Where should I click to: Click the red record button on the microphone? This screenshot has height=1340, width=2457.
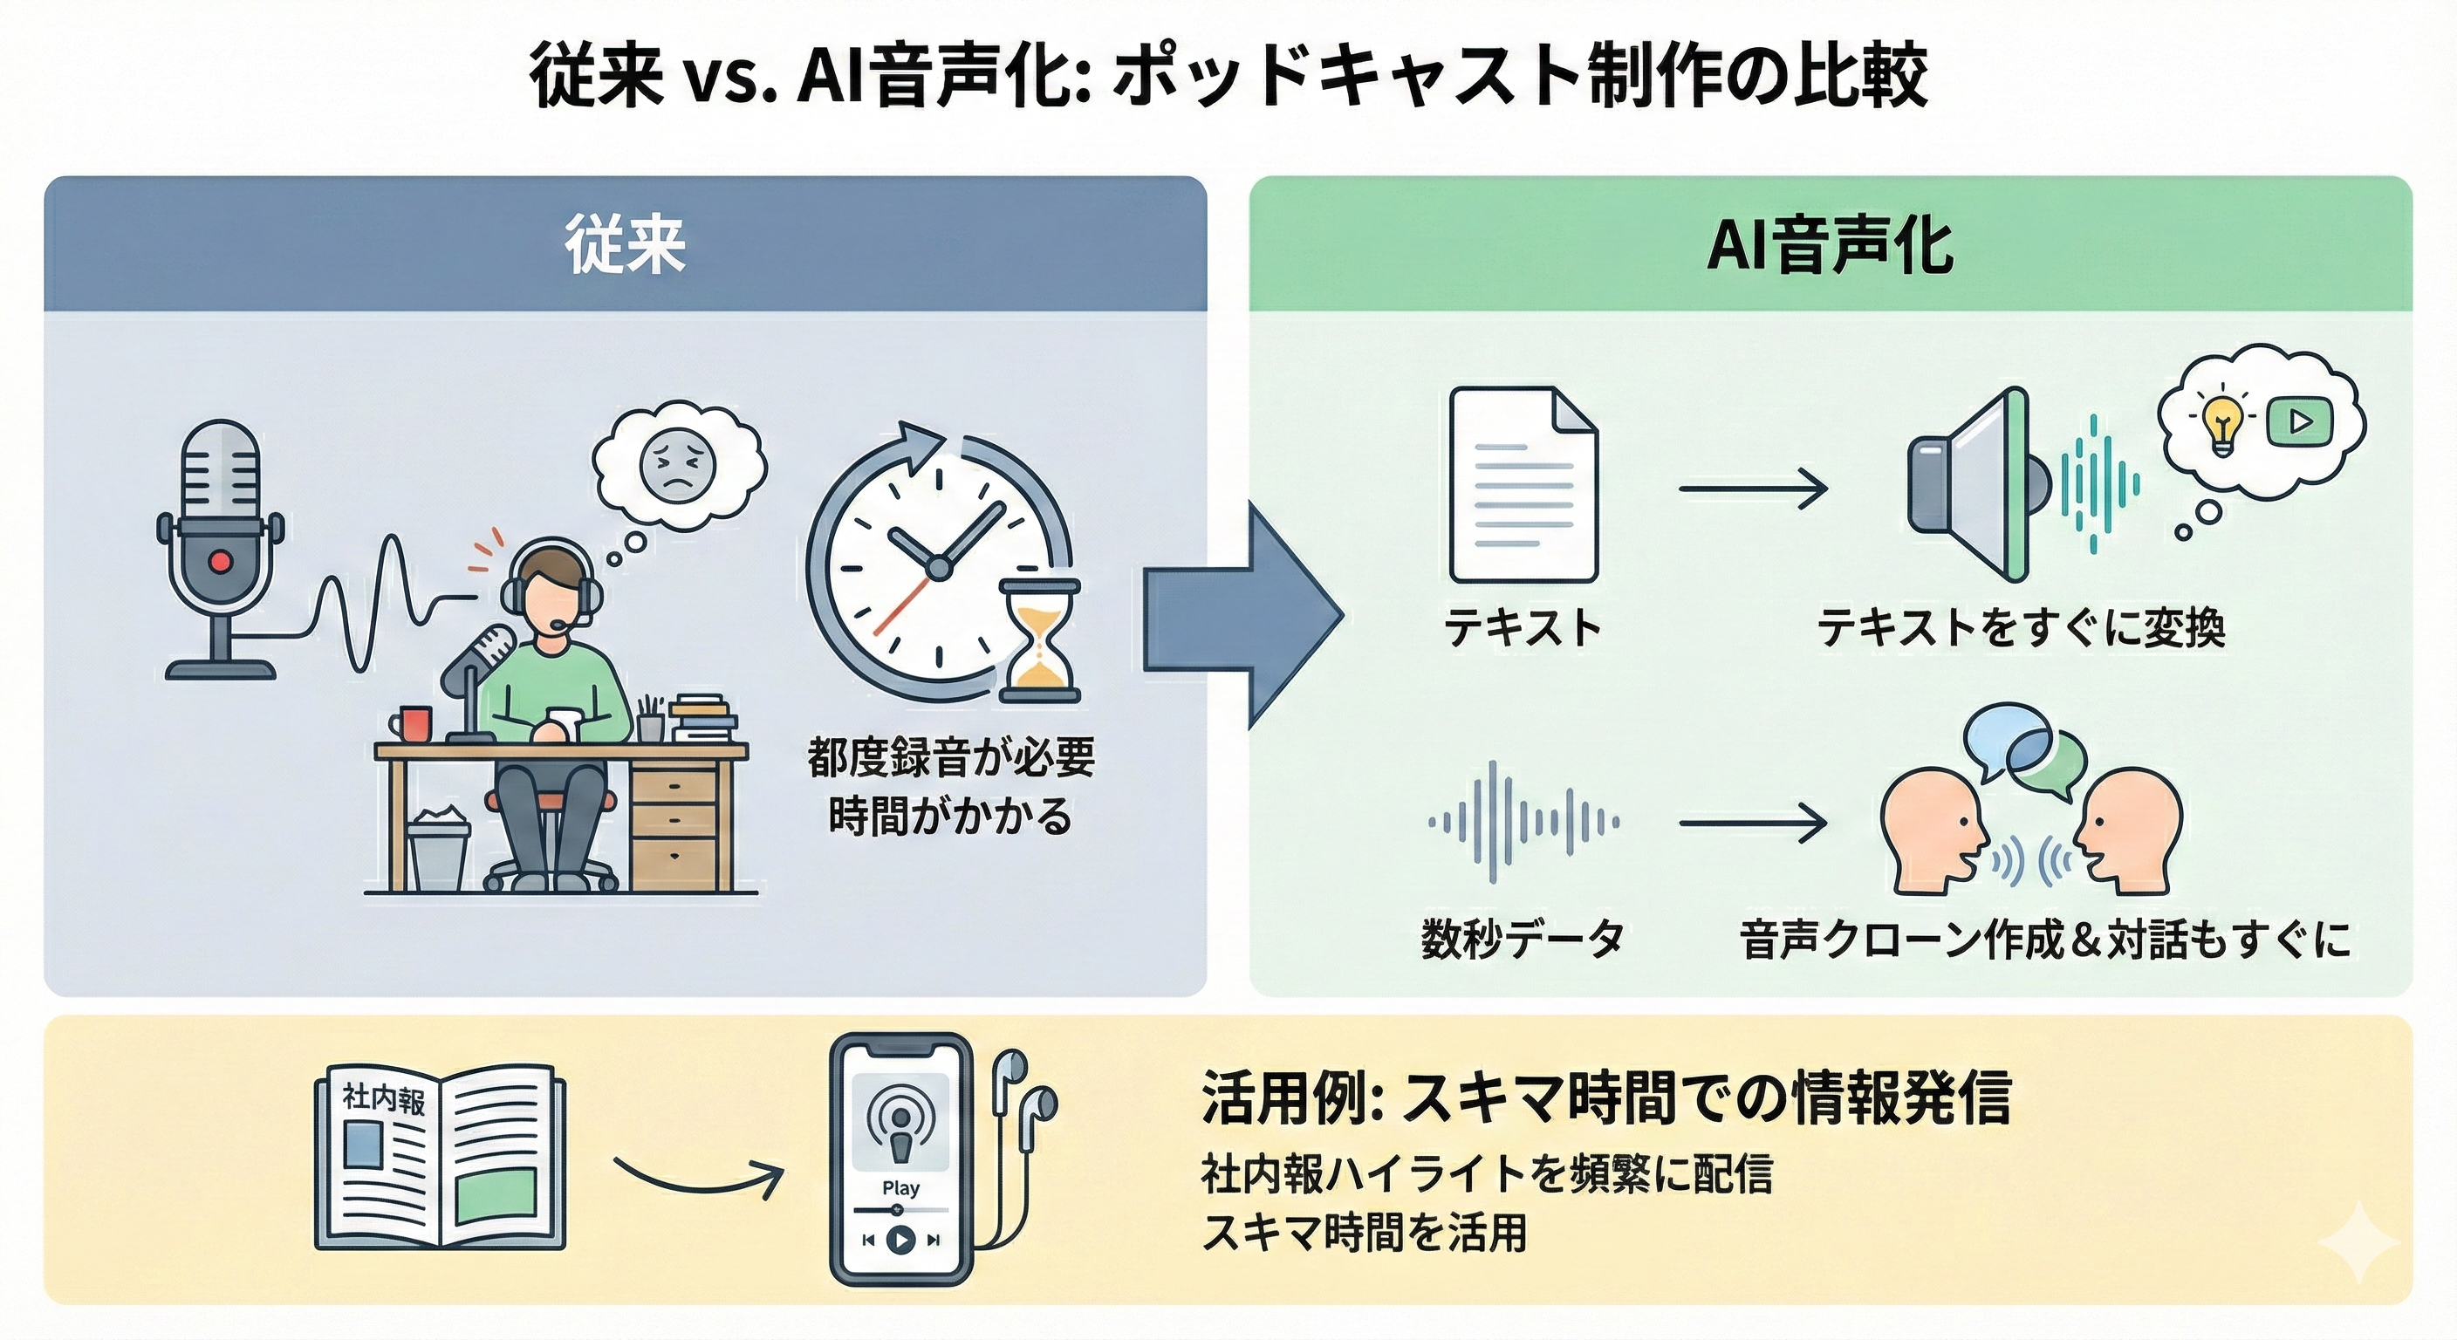221,561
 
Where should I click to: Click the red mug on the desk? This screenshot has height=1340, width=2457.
415,724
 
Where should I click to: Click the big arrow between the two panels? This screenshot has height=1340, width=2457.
1240,616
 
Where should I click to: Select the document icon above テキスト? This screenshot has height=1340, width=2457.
1523,484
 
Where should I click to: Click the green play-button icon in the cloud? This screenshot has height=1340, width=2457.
2300,420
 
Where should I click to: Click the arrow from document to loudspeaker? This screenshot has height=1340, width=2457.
1752,489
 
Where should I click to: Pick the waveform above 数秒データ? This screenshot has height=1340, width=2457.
1523,821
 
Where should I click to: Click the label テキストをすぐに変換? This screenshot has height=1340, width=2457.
2021,628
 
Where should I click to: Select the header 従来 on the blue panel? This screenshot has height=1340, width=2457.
626,245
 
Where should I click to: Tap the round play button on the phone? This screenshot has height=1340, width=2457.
900,1240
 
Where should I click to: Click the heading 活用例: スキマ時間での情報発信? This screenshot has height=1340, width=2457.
1606,1098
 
